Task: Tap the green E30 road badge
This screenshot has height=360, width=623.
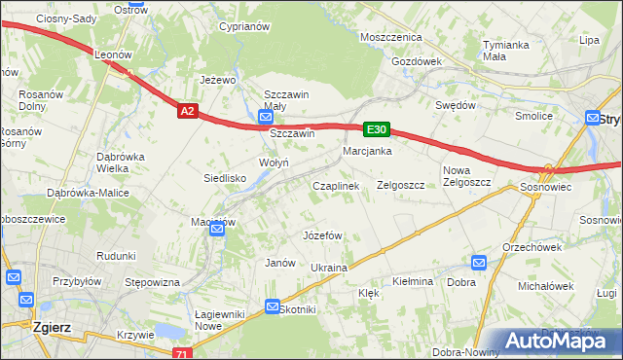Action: (x=378, y=128)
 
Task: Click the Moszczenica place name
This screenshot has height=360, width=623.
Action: (x=390, y=36)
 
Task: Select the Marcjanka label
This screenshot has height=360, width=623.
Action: (x=367, y=151)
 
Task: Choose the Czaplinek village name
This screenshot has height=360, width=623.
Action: (x=336, y=185)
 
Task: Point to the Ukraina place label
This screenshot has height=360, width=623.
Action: (x=329, y=267)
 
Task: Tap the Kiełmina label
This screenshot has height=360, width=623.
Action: (x=412, y=281)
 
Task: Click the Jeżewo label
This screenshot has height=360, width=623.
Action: (x=219, y=80)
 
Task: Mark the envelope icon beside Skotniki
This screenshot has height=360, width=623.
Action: (x=273, y=306)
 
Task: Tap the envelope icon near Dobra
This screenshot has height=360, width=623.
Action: (x=478, y=263)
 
